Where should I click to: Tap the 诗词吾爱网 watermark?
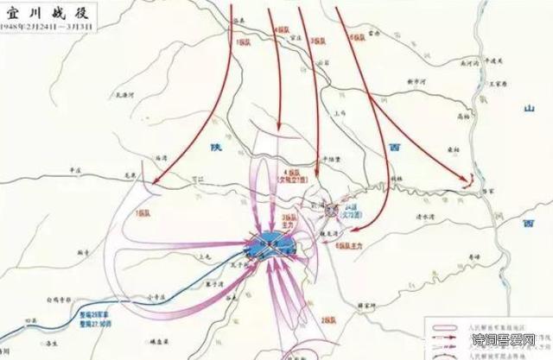505,346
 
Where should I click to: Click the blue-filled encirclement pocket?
269,243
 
